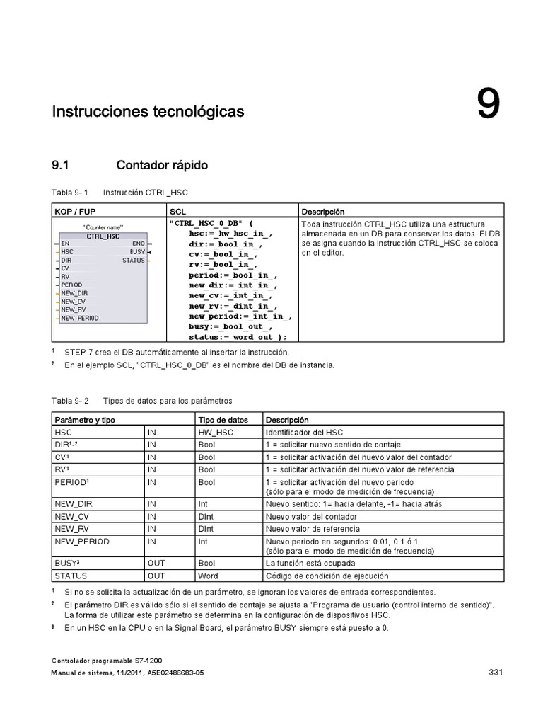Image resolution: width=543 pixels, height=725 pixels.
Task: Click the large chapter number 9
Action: (x=488, y=105)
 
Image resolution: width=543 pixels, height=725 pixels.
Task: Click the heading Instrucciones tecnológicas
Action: (x=148, y=112)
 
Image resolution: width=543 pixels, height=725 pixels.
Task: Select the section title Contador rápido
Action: (x=162, y=166)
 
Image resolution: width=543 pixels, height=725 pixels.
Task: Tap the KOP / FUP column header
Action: (x=76, y=212)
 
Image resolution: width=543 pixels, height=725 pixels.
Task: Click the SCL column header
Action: (x=177, y=212)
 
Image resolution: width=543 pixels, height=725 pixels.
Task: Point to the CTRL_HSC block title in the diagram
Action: (x=103, y=236)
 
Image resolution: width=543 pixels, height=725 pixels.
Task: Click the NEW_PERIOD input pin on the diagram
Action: (x=79, y=319)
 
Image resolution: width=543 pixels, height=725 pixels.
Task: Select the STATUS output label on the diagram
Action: (x=133, y=261)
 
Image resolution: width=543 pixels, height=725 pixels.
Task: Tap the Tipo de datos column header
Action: (x=223, y=420)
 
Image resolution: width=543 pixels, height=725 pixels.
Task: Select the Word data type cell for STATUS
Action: (x=208, y=576)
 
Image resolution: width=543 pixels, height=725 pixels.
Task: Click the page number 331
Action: (x=495, y=672)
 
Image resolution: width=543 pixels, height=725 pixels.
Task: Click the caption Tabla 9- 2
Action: (x=69, y=401)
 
